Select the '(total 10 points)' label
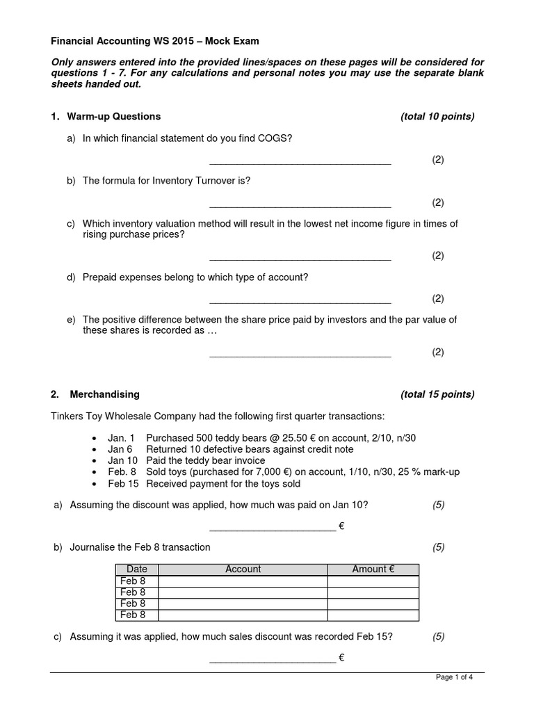point(437,116)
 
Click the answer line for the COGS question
point(300,163)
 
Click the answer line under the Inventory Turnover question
point(300,207)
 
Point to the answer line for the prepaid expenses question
point(300,302)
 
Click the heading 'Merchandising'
point(104,394)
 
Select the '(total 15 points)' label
point(437,394)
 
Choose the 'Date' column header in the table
point(137,569)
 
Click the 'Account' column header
point(243,569)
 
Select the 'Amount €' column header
point(373,569)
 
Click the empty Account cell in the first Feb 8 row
point(243,581)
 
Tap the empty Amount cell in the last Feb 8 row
point(373,615)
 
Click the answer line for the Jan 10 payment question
point(272,530)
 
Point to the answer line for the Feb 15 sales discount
point(272,661)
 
